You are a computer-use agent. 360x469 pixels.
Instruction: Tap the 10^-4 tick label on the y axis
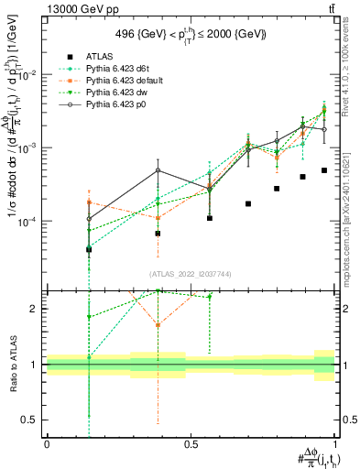tap(28, 222)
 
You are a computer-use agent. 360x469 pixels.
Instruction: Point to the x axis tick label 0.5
tap(191, 443)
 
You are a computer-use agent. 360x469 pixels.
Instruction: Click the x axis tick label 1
tap(334, 443)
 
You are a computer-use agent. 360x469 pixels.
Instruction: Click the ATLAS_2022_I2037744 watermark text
tap(190, 274)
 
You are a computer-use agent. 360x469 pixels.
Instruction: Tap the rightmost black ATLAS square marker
tap(324, 170)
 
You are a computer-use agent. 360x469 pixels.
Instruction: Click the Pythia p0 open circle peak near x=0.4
tap(158, 169)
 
